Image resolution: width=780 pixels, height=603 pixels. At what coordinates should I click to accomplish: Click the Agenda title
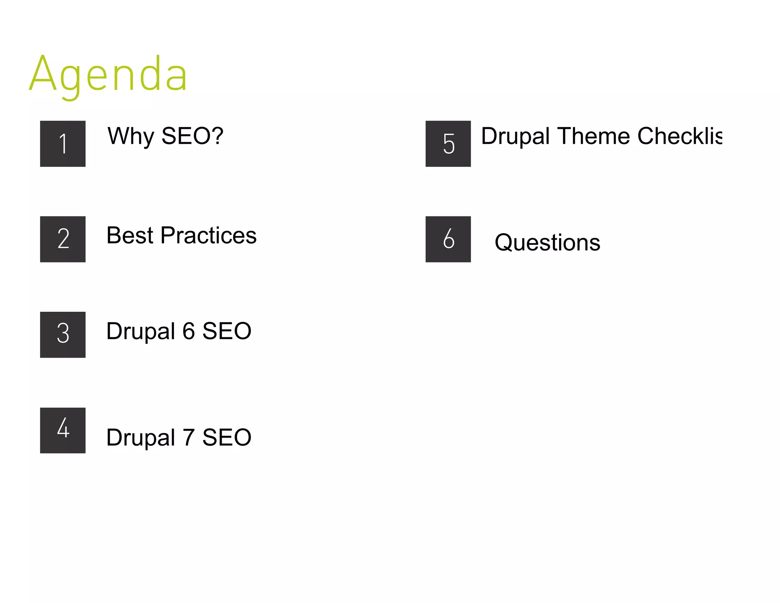coord(109,74)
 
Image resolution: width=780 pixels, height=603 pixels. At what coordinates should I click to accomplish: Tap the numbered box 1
coord(63,144)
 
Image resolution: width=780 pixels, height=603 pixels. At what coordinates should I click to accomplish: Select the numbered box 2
coord(63,239)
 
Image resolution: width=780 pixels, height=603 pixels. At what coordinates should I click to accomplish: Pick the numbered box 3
coord(63,335)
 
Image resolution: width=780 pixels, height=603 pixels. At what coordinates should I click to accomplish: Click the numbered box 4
coord(63,430)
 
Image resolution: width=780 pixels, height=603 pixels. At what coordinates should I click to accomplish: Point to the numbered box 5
coord(448,144)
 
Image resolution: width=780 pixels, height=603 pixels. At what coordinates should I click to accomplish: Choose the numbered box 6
coord(448,239)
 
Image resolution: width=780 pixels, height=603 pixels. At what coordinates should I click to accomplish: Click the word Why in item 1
coord(131,136)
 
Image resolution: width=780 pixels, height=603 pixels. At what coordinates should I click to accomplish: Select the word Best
coord(130,235)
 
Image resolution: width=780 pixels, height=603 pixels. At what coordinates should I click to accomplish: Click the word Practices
coord(208,235)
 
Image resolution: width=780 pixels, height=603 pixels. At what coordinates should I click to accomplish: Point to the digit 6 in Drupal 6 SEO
coord(189,331)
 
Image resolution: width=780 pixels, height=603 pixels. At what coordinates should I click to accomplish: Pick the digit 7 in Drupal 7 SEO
coord(189,437)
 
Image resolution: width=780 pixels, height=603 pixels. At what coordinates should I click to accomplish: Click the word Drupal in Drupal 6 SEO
coord(141,331)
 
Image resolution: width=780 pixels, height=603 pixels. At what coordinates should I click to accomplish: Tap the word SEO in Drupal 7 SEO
coord(227,437)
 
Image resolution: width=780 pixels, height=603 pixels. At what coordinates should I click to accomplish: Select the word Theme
coord(593,136)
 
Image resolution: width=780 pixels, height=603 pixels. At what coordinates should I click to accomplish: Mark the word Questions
coord(547,242)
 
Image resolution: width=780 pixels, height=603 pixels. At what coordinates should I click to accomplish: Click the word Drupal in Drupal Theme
coord(515,136)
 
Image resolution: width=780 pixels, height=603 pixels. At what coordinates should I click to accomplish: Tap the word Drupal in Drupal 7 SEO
coord(141,437)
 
